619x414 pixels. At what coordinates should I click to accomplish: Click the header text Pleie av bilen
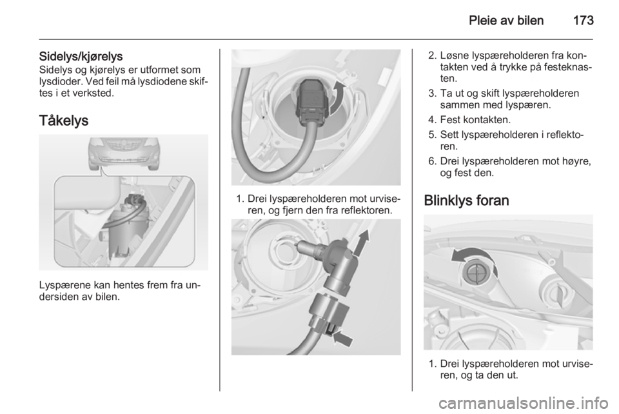(506, 21)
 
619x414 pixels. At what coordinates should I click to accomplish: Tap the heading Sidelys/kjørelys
(81, 57)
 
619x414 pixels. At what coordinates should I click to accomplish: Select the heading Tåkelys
(64, 121)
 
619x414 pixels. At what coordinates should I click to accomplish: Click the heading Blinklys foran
(466, 201)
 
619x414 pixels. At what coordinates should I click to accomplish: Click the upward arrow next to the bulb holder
(362, 242)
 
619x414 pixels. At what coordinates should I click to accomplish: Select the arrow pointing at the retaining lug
(343, 338)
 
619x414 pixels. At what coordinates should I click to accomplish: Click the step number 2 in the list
(432, 55)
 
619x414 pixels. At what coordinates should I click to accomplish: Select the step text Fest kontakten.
(475, 119)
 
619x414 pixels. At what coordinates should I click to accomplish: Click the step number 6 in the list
(432, 161)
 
